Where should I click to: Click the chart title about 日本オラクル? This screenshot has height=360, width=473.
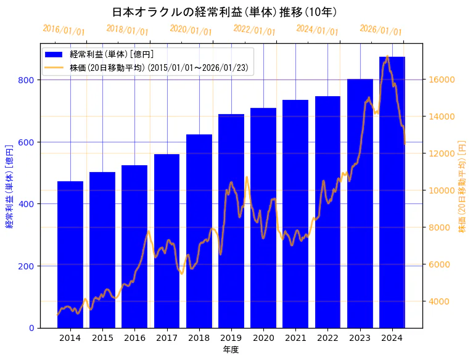pyautogui.click(x=224, y=12)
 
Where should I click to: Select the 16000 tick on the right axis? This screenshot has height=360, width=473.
pyautogui.click(x=442, y=80)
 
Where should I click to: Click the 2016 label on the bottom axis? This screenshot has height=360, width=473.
pyautogui.click(x=134, y=337)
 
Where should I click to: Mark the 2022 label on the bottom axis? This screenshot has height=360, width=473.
pyautogui.click(x=327, y=337)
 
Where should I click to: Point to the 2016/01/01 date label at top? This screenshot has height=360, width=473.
pyautogui.click(x=64, y=30)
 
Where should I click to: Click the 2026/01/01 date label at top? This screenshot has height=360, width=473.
pyautogui.click(x=380, y=30)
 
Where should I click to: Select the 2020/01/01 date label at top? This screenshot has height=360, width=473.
pyautogui.click(x=191, y=30)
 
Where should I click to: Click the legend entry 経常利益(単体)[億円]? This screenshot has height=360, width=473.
pyautogui.click(x=112, y=55)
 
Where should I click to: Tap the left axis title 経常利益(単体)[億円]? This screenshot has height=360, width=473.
pyautogui.click(x=9, y=186)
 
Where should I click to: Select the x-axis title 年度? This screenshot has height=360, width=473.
pyautogui.click(x=231, y=350)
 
